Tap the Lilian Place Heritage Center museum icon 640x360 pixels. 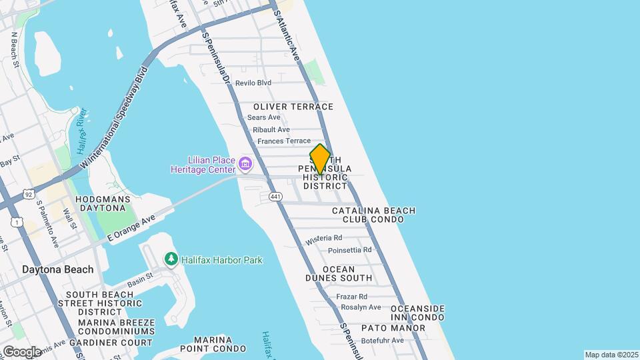tap(245, 163)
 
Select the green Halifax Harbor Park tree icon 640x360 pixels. tap(171, 259)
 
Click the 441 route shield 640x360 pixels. tap(275, 197)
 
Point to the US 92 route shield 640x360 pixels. tap(27, 194)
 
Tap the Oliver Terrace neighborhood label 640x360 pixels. tap(293, 107)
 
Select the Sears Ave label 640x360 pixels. tap(264, 117)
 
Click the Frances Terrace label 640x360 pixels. tap(284, 141)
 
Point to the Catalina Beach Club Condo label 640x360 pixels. tap(373, 215)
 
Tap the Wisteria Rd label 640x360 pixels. tap(324, 238)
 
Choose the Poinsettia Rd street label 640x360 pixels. tap(349, 250)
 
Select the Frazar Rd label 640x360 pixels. tap(352, 297)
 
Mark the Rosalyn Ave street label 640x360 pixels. tap(361, 307)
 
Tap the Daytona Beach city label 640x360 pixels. tap(57, 270)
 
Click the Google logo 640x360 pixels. tap(22, 351)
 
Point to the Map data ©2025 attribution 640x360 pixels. tap(610, 355)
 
